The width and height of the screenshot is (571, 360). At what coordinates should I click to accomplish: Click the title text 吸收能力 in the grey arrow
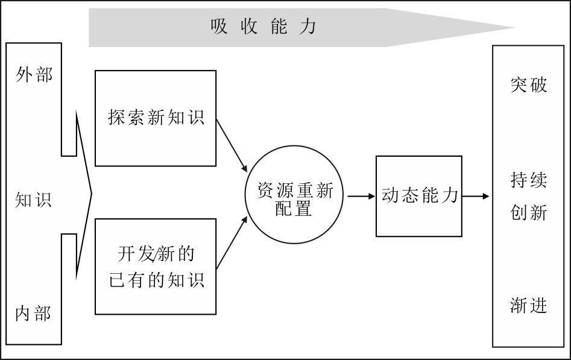point(263,27)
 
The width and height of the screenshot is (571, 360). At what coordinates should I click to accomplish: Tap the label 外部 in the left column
point(34,75)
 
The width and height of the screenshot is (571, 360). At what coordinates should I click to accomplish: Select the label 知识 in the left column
point(34,200)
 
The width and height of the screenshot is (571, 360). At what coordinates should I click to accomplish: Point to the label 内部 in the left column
point(33,314)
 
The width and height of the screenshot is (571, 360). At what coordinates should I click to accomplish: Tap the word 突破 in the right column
point(528,84)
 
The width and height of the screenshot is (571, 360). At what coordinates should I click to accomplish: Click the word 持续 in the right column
point(528,180)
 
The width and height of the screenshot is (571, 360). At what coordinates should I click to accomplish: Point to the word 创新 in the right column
point(528,212)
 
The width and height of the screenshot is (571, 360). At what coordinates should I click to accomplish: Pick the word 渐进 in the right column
point(528,305)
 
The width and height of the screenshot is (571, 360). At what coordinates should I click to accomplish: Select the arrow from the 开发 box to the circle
point(232,242)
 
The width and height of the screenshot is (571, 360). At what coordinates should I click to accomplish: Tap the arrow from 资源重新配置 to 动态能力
point(361,197)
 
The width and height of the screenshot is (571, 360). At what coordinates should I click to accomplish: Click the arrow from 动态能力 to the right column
point(476,197)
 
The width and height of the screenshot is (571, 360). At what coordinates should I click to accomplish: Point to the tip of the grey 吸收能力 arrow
point(514,27)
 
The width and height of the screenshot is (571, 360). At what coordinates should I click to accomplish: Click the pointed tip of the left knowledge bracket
point(92,194)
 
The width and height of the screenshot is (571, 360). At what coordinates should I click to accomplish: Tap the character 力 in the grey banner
point(308,27)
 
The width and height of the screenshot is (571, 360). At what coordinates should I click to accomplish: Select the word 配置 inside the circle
point(294,209)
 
